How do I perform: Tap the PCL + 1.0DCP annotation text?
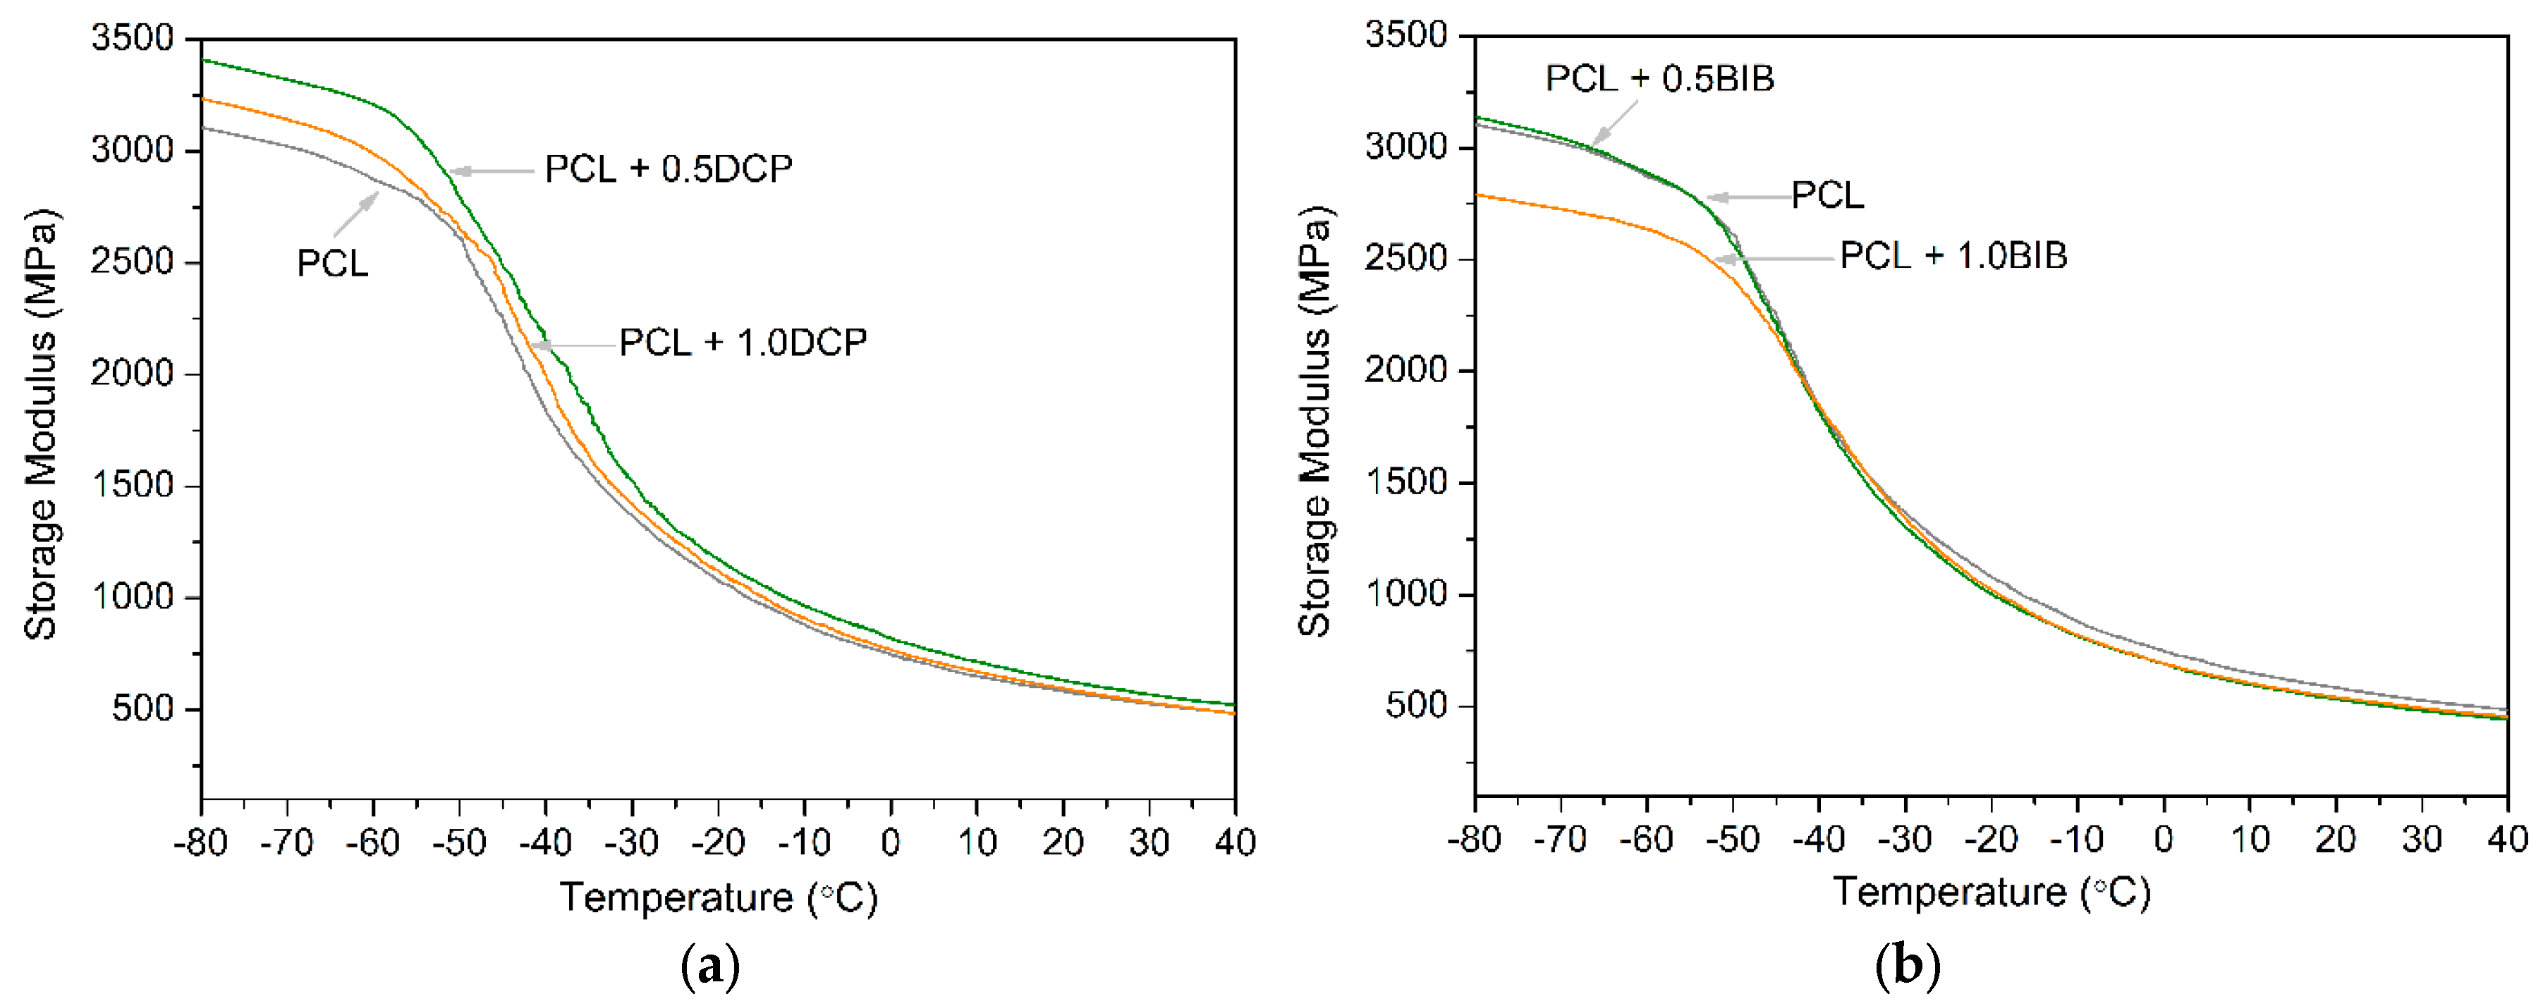click(x=743, y=343)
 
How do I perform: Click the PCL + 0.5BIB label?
click(x=1659, y=78)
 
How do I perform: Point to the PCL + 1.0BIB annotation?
click(x=1953, y=256)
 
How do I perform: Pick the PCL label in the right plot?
click(x=1827, y=195)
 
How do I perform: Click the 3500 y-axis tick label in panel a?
click(x=133, y=39)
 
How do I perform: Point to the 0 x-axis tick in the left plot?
click(x=891, y=843)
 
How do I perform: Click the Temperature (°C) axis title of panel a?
click(x=719, y=897)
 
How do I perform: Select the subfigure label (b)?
click(x=1906, y=966)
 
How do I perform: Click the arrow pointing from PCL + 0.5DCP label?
click(x=491, y=171)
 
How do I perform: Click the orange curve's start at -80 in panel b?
click(x=1478, y=195)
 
